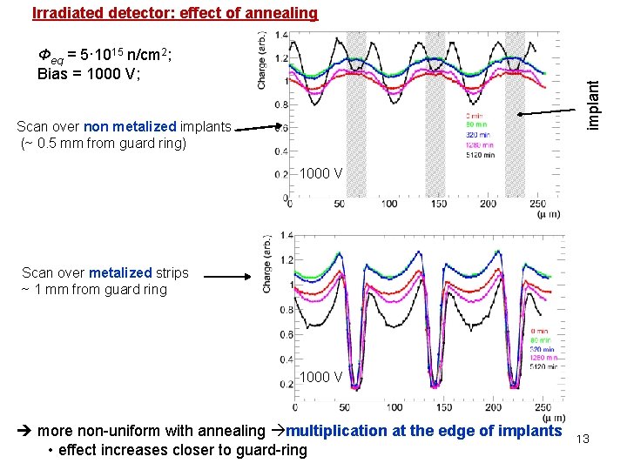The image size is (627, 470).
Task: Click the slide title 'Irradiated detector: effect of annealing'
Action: pyautogui.click(x=175, y=13)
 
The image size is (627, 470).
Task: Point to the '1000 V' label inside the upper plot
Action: pyautogui.click(x=321, y=173)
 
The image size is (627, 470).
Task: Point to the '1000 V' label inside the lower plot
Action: pyautogui.click(x=321, y=377)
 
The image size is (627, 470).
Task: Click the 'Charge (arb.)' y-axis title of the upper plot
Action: pyautogui.click(x=262, y=61)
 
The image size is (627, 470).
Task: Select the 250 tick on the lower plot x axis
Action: pyautogui.click(x=541, y=406)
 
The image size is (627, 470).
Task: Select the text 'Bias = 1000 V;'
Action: pyautogui.click(x=89, y=74)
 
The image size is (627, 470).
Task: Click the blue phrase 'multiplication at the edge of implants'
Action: pyautogui.click(x=424, y=431)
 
